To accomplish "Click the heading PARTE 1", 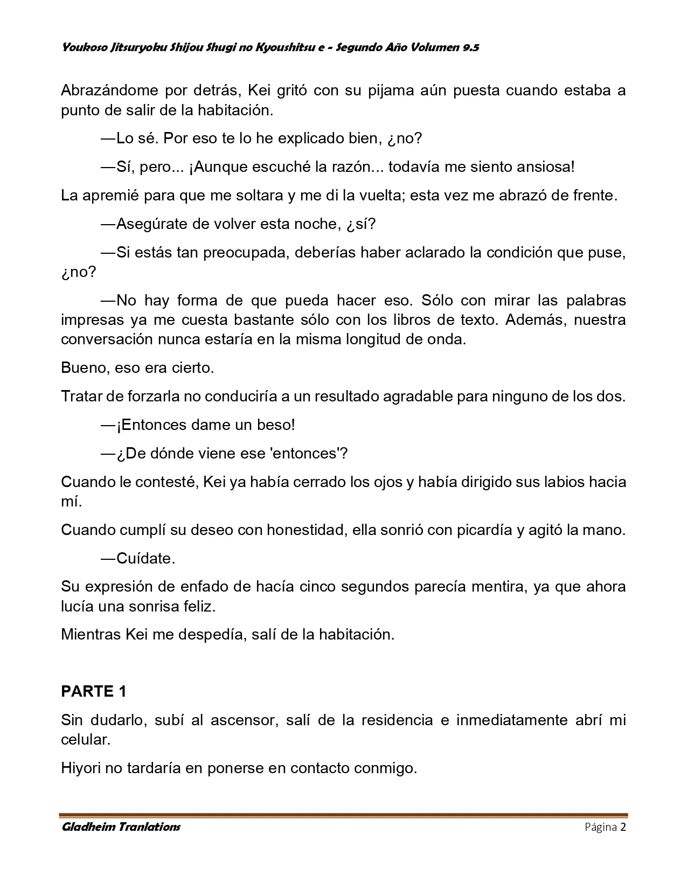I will point(94,691).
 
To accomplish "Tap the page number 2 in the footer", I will point(623,827).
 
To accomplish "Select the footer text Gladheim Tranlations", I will point(121,827).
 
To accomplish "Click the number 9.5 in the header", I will point(470,47).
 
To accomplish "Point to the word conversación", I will point(104,339).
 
